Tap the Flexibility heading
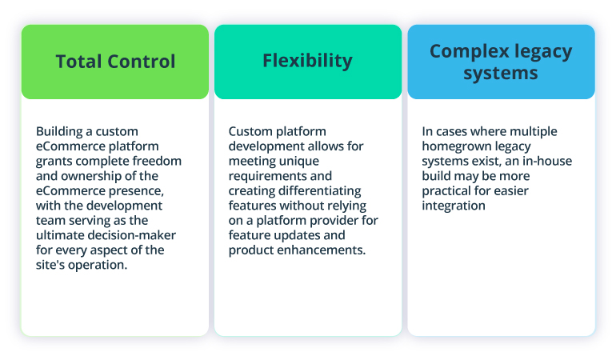[307, 61]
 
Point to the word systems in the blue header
[501, 74]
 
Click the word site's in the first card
[52, 265]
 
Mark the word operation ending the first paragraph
[99, 265]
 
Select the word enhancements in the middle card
[317, 250]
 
